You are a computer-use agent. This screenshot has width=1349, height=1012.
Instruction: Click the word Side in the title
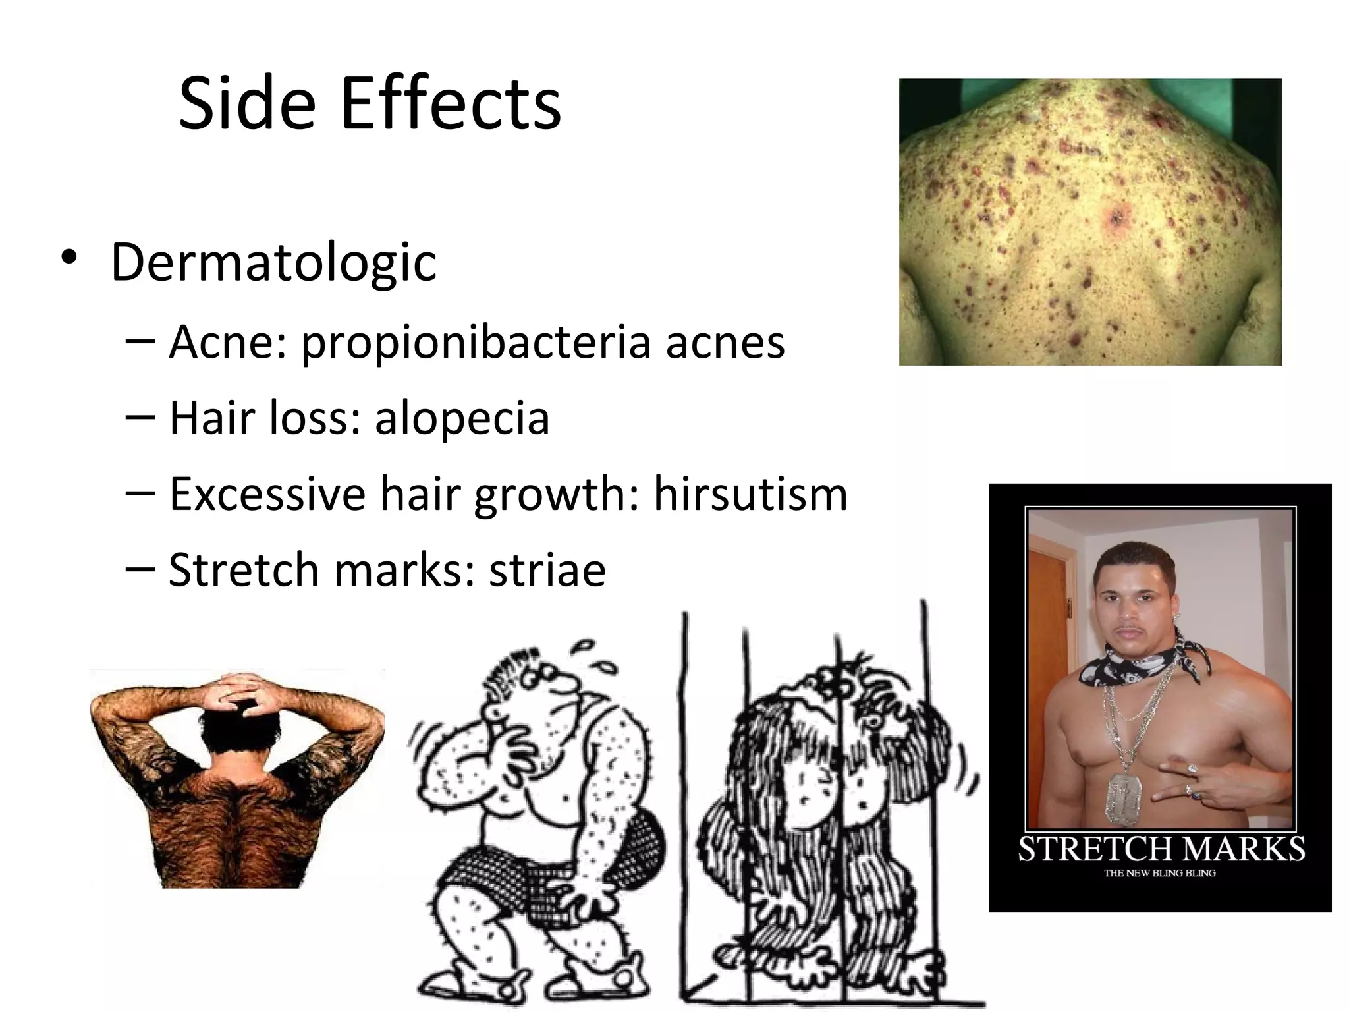coord(246,104)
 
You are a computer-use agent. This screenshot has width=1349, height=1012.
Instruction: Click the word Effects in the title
coord(451,104)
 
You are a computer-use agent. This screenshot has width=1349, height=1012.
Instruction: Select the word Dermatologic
coord(273,262)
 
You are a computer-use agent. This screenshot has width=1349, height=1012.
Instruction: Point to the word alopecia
coord(462,418)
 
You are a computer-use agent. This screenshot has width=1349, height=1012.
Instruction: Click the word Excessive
coord(267,493)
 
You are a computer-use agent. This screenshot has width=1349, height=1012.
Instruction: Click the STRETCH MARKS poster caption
coord(1161,849)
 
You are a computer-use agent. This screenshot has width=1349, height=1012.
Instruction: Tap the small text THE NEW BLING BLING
coord(1160,874)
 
